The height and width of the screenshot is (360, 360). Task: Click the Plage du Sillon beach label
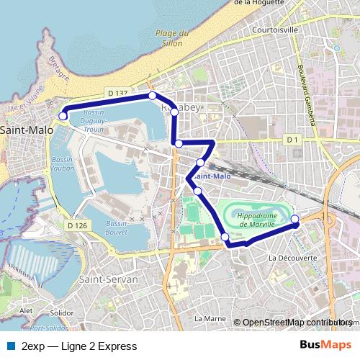173,37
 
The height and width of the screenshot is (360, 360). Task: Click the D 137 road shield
117,93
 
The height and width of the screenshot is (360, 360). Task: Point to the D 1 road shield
292,139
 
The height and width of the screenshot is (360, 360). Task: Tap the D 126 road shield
77,225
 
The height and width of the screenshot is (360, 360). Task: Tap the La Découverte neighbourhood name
292,258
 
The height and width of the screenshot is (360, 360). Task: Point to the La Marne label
210,318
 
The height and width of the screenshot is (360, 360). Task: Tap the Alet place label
27,310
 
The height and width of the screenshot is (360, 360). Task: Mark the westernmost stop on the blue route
63,115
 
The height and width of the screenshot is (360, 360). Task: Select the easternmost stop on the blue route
294,219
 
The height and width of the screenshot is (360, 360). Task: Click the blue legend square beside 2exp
9,346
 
